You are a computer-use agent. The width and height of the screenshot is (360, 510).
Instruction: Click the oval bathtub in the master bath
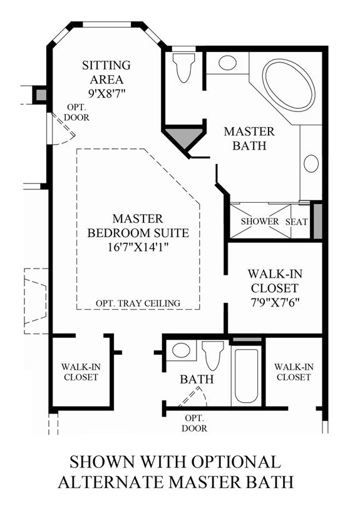289,84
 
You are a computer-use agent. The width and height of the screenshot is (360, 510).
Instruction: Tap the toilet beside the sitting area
183,68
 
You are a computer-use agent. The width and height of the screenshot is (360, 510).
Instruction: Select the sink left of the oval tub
227,63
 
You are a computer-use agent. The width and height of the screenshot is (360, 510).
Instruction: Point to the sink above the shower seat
311,163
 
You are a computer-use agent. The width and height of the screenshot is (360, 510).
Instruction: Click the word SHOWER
260,222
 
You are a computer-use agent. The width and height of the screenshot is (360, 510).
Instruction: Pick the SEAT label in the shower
297,222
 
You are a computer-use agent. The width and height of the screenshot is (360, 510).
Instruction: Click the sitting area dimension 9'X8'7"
107,94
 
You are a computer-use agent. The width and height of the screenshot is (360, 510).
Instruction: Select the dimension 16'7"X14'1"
138,248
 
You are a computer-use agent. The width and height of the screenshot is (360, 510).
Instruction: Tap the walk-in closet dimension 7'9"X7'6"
275,303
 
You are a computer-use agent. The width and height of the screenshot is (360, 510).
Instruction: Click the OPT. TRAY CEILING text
138,303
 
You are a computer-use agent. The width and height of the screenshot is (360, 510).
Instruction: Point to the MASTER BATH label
249,138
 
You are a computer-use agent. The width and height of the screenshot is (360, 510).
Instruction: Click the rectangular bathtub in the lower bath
246,375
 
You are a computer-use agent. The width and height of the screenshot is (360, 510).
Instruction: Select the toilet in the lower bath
212,355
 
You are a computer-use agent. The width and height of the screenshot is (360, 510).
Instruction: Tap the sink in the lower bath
182,350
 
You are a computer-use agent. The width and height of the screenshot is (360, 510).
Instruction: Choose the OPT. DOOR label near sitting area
76,112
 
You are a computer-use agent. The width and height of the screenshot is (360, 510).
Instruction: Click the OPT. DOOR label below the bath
194,423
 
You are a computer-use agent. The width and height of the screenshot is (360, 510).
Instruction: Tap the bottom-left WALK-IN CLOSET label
81,372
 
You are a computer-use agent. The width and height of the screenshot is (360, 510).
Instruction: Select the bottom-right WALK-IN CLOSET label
294,372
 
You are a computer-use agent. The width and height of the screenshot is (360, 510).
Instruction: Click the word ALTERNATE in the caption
112,481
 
